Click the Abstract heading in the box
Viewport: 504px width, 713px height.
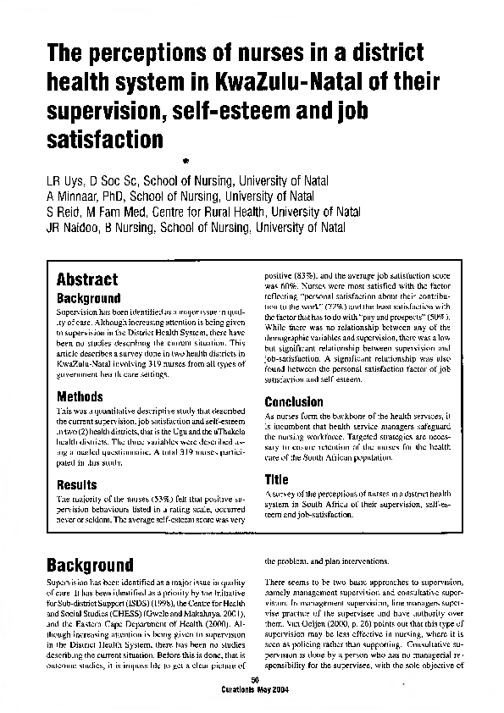click(x=86, y=279)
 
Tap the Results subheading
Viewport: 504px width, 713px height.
click(x=77, y=485)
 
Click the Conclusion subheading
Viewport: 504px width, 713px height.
click(x=294, y=402)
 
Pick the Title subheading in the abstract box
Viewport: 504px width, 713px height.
click(x=277, y=479)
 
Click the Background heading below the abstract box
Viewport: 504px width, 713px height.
click(x=89, y=565)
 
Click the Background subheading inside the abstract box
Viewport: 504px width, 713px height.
click(x=88, y=299)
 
